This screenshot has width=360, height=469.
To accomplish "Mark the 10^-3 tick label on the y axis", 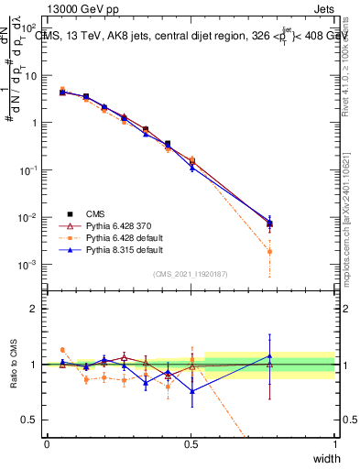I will [29, 265].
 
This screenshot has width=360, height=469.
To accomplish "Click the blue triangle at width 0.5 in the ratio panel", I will [191, 391].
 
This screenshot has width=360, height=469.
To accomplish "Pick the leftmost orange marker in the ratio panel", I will [62, 350].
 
